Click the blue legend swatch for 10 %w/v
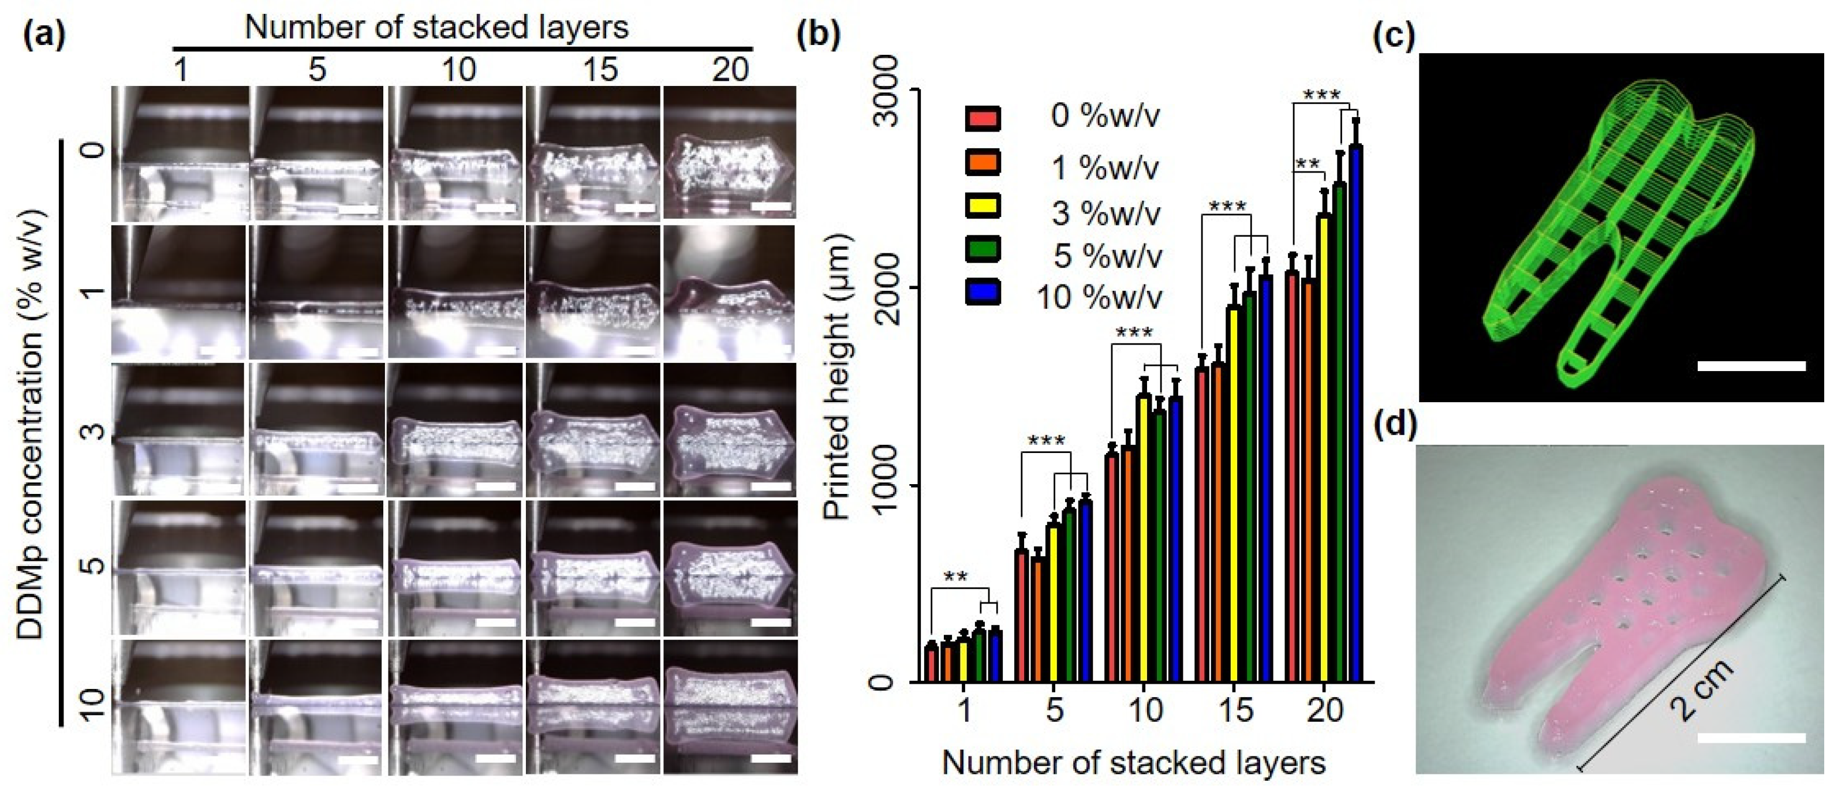982,292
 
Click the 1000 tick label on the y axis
885,487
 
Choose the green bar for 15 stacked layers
1250,487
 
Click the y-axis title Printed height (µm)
836,376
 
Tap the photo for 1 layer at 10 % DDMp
178,706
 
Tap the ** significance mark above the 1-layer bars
955,577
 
